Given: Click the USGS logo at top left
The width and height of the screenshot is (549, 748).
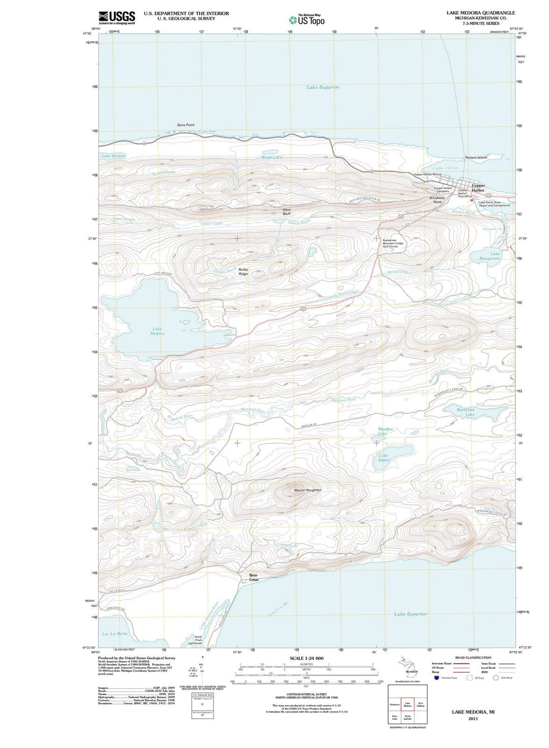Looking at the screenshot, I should [x=117, y=17].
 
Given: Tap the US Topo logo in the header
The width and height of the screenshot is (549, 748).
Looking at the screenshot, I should [x=307, y=20].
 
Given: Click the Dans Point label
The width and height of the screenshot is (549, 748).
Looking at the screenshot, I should [x=186, y=125].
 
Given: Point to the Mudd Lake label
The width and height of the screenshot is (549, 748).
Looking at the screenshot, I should [x=271, y=158].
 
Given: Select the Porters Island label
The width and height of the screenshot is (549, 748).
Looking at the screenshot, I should [x=476, y=158].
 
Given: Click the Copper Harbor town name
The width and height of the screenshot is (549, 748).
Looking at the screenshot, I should [x=478, y=188].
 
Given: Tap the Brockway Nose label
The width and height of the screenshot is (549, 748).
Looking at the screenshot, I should [x=437, y=200].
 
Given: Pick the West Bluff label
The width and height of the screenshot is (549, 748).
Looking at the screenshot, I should [x=287, y=211].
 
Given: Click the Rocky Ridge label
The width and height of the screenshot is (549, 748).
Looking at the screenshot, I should [x=243, y=271].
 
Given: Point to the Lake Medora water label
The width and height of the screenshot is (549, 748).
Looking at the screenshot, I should [x=157, y=331].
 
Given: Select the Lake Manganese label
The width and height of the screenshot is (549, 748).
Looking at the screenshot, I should [x=490, y=256].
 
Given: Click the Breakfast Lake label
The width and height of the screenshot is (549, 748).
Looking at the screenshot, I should [x=465, y=412].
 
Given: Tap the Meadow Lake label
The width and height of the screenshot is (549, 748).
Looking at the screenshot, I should [x=385, y=431].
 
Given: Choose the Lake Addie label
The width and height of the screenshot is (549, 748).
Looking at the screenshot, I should [x=383, y=458].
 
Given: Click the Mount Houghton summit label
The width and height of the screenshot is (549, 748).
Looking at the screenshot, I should [x=308, y=490].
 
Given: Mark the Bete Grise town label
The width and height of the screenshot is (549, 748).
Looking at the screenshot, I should [x=254, y=577].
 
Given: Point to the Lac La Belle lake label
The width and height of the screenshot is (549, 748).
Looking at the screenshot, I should [x=115, y=634].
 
